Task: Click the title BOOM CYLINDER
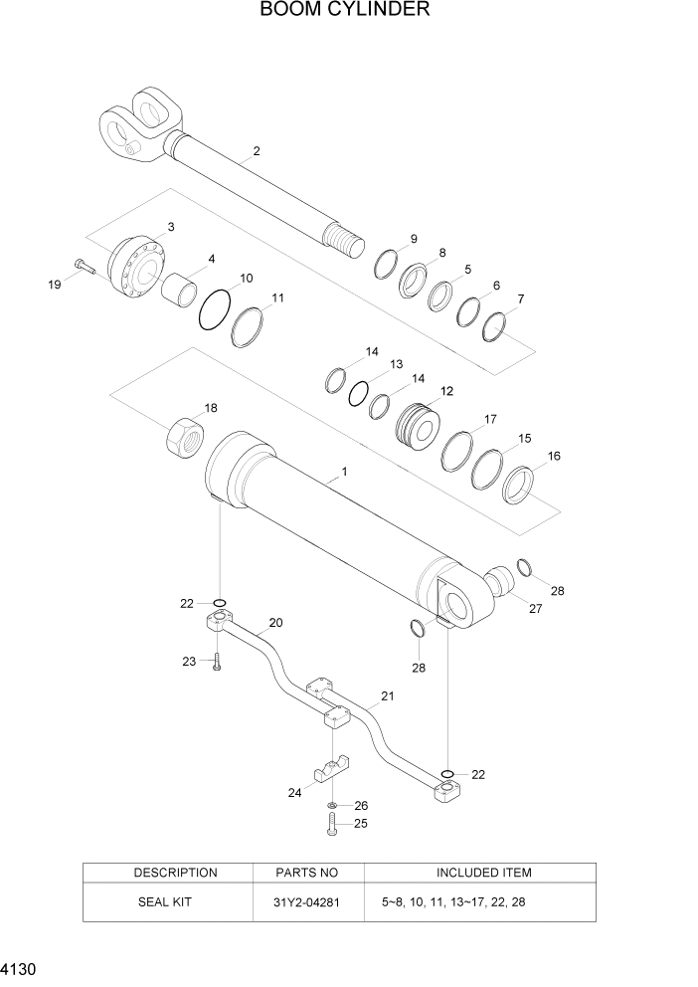(x=345, y=11)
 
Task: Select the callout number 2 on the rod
(x=257, y=151)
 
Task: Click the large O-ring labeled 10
(x=215, y=308)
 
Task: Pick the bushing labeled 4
(x=180, y=291)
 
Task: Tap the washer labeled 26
(x=331, y=804)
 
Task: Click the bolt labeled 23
(x=215, y=661)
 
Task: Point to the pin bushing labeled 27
(x=501, y=580)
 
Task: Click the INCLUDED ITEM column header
(x=483, y=873)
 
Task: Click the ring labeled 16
(x=521, y=487)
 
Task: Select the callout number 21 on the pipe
(x=388, y=696)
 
